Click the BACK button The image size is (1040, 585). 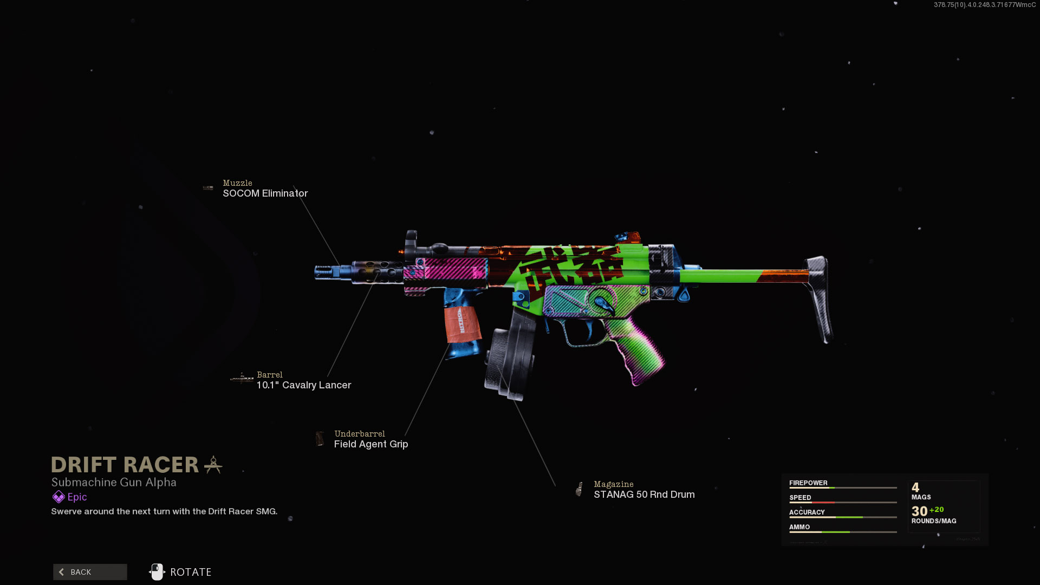click(x=90, y=572)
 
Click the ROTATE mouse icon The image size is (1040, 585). click(x=157, y=571)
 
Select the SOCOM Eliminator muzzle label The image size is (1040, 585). click(x=265, y=193)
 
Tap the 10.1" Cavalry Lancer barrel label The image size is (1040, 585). click(x=303, y=385)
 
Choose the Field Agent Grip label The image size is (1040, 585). click(x=371, y=444)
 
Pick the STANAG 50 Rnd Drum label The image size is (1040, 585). click(x=644, y=495)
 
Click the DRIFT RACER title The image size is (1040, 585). click(x=125, y=465)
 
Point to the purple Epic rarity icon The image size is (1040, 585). click(x=58, y=497)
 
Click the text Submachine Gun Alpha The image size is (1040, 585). click(x=114, y=482)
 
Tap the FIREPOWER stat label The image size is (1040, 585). click(x=808, y=483)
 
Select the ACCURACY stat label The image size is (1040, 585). click(x=807, y=512)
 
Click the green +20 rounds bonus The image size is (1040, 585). click(x=937, y=510)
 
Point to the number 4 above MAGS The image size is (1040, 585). click(x=915, y=487)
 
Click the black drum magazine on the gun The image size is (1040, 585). click(x=509, y=355)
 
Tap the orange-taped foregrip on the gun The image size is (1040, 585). click(x=462, y=324)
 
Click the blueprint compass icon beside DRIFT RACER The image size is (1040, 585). click(x=213, y=465)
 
